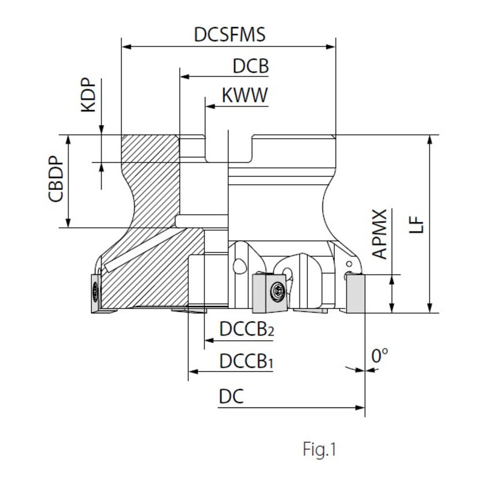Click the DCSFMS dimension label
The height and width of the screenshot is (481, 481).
[x=230, y=34]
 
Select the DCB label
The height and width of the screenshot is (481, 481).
[x=251, y=66]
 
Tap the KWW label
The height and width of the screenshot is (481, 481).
[x=245, y=95]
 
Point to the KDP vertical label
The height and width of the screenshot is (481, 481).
[x=88, y=95]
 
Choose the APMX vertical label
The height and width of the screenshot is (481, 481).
[x=380, y=234]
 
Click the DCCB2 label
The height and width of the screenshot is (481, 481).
[x=247, y=330]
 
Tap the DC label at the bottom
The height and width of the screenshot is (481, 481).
[x=231, y=397]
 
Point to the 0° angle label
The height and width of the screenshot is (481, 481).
[x=379, y=356]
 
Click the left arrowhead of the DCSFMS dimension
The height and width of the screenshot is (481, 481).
[x=125, y=46]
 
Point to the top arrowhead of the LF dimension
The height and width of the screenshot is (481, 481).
[x=430, y=139]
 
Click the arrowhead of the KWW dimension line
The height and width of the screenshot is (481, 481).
[x=209, y=106]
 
